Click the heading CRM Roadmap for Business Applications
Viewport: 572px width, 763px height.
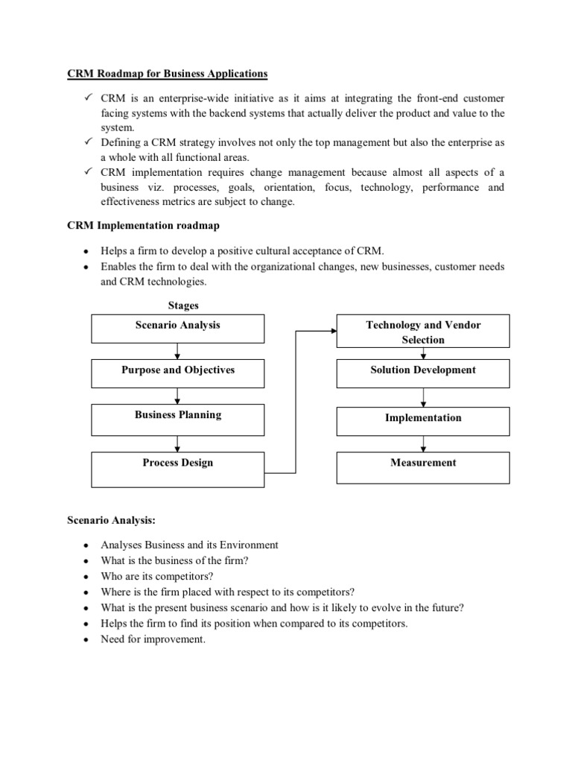point(168,75)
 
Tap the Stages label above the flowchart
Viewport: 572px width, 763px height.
point(183,305)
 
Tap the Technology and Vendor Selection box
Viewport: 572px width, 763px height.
point(423,332)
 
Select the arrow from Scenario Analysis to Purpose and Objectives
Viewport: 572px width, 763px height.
point(177,349)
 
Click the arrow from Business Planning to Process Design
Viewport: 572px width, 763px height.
point(177,443)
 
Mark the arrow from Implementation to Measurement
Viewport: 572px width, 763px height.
point(423,443)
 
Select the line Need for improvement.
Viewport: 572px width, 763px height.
point(152,639)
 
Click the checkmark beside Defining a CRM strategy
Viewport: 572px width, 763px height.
point(86,142)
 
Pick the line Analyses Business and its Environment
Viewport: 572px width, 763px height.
point(189,545)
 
